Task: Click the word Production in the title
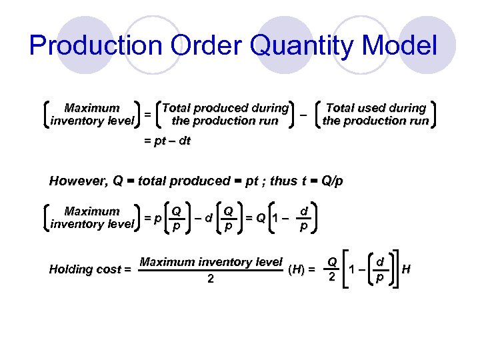click(95, 46)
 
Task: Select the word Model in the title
click(405, 46)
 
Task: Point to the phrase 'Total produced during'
click(225, 108)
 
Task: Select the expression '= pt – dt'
click(167, 142)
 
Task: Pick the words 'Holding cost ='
click(90, 269)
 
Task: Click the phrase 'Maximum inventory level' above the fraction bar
click(211, 262)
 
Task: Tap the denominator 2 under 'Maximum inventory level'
click(211, 279)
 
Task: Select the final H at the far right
click(407, 269)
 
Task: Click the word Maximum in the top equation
click(92, 108)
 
